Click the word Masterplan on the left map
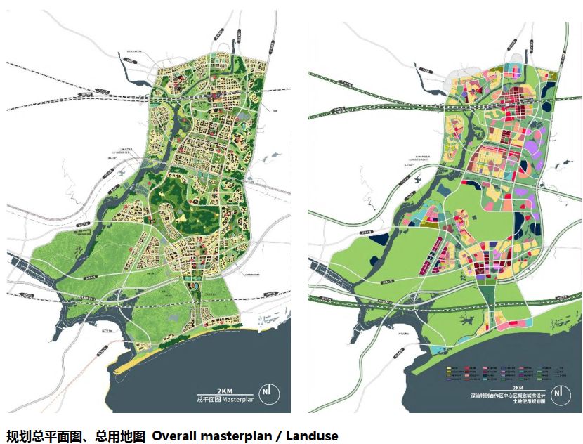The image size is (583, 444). tap(239, 399)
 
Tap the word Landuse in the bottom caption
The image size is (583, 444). tap(313, 436)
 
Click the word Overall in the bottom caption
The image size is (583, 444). tap(176, 436)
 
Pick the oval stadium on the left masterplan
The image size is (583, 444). tap(197, 288)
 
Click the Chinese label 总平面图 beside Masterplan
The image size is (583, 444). tap(208, 399)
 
